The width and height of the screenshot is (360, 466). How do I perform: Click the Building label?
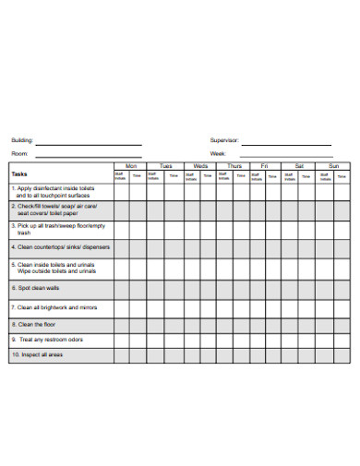click(22, 140)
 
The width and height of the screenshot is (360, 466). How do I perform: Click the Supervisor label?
click(224, 140)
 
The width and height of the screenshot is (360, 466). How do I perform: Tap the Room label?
click(19, 153)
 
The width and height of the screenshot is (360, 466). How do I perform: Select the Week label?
click(218, 153)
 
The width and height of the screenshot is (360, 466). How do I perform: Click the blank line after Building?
click(89, 144)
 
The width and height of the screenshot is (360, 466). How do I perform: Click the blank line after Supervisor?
click(286, 144)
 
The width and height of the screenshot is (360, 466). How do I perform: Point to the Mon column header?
click(130, 166)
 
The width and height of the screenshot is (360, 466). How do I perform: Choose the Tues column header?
click(166, 166)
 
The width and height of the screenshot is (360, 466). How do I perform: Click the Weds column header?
click(200, 166)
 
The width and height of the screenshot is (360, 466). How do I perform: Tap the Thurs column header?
click(234, 166)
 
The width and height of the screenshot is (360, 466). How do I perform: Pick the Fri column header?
click(265, 166)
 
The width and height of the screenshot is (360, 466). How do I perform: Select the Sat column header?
click(299, 166)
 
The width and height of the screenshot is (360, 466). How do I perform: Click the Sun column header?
click(333, 166)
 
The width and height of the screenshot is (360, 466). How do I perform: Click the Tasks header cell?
click(20, 173)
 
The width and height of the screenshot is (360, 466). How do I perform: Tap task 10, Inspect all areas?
click(39, 354)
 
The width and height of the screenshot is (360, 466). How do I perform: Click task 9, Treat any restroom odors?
click(48, 340)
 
